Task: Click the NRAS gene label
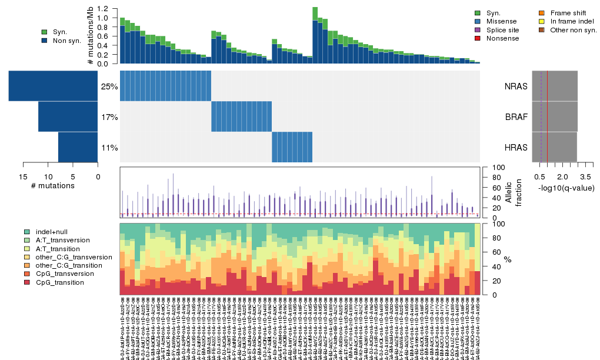tap(516, 86)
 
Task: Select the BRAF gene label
tap(516, 116)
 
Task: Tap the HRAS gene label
tap(516, 147)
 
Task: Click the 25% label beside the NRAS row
tap(109, 86)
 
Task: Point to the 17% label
tap(109, 117)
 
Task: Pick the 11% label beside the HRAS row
tap(109, 148)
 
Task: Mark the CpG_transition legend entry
tap(59, 282)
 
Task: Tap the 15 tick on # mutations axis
tap(24, 176)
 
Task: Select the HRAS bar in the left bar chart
tap(78, 147)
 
